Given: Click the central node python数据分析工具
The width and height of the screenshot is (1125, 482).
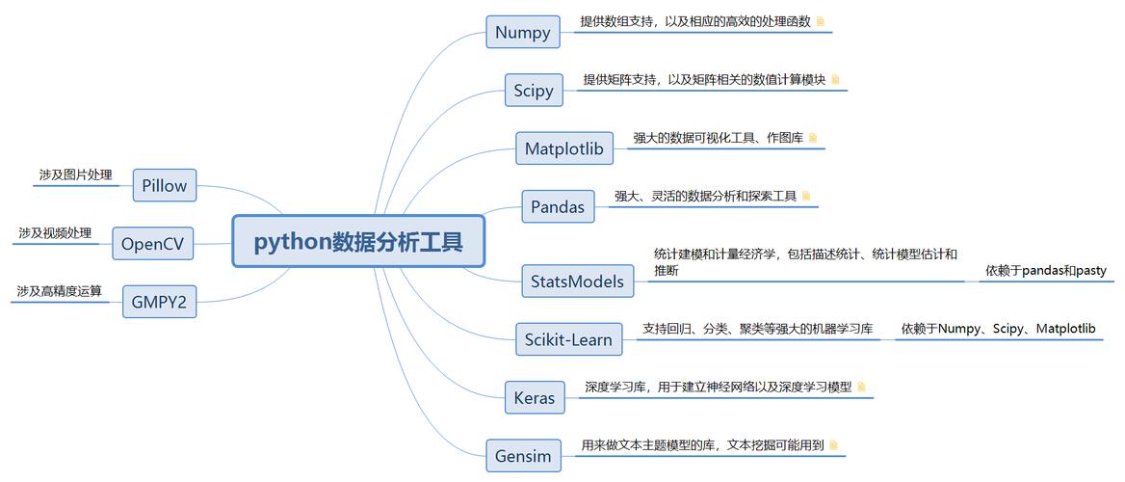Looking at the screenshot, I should point(358,241).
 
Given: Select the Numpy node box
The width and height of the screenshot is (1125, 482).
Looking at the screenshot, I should point(522,32).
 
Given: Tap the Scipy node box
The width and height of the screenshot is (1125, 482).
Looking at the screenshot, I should point(533,91).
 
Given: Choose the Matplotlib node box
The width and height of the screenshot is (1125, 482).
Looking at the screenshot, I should point(563,148).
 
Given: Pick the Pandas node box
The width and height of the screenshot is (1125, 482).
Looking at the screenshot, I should point(557,206).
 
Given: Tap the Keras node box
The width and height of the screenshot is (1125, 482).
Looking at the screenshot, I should point(534,397).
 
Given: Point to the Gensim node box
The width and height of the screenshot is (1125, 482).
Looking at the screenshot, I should point(523,455).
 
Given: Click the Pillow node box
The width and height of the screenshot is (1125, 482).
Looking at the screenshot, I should point(164,185).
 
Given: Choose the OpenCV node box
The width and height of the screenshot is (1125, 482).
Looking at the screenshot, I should point(152,244).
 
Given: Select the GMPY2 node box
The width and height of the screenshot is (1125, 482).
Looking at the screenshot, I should point(159,303).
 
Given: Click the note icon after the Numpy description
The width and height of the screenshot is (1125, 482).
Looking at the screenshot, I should point(821,20).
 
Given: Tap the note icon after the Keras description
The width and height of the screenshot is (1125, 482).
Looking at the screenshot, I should point(862,387).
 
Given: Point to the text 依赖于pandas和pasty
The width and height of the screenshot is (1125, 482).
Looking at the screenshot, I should point(1045,271).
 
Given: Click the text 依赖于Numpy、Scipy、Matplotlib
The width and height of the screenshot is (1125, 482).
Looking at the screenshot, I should point(998,329).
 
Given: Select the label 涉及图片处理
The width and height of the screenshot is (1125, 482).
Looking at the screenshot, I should point(75,174).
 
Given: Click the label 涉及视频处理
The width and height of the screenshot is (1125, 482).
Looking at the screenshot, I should point(55,232).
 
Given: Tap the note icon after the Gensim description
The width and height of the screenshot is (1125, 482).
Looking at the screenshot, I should point(834,444).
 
